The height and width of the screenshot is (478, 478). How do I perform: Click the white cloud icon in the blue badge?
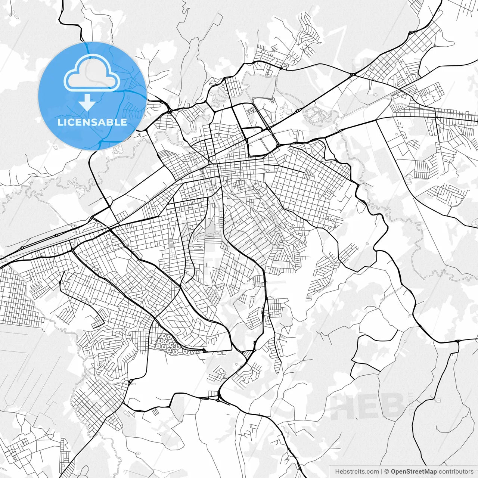pyautogui.click(x=92, y=73)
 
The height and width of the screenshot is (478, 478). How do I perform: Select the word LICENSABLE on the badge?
pyautogui.click(x=92, y=122)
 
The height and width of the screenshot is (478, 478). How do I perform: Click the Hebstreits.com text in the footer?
pyautogui.click(x=357, y=472)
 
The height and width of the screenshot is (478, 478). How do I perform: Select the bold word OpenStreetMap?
pyautogui.click(x=414, y=472)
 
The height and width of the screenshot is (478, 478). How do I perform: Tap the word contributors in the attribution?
pyautogui.click(x=456, y=472)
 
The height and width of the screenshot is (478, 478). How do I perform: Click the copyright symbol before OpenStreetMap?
pyautogui.click(x=387, y=472)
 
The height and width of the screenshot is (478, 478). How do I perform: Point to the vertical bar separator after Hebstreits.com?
pyautogui.click(x=382, y=472)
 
